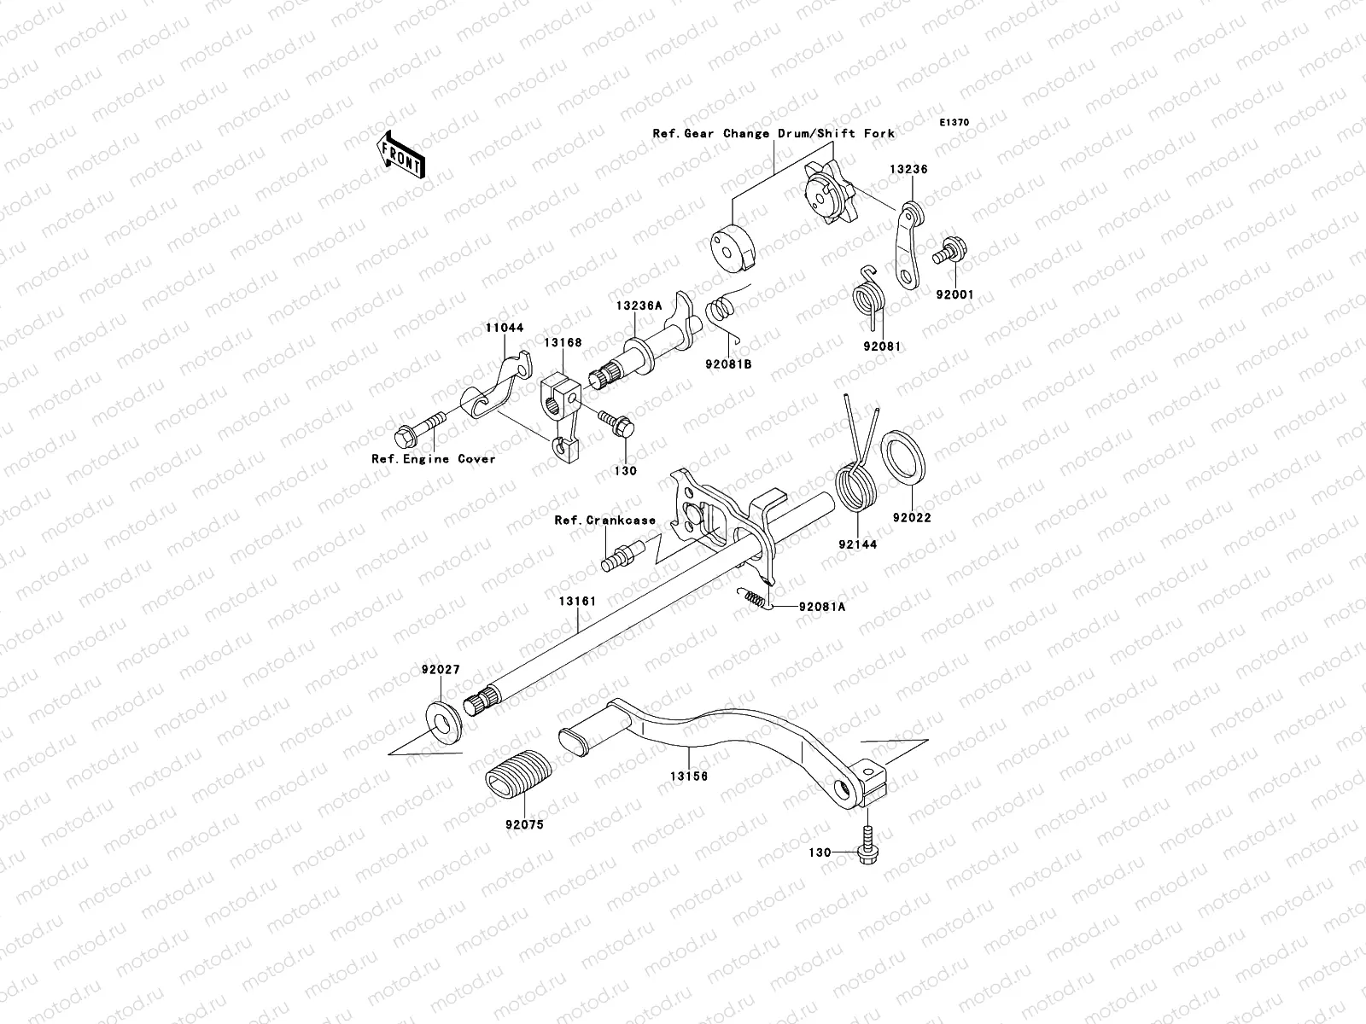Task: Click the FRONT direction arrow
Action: (403, 154)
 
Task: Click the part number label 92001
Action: (953, 295)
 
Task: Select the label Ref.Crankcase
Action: (604, 520)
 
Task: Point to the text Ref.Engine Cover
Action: (434, 458)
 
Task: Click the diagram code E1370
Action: (954, 123)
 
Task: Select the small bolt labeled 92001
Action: (952, 253)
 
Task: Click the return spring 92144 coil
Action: (854, 486)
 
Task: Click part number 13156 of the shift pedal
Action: (688, 777)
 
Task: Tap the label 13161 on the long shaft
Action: (577, 601)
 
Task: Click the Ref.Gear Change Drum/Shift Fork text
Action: (773, 133)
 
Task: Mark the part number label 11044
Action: (505, 328)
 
